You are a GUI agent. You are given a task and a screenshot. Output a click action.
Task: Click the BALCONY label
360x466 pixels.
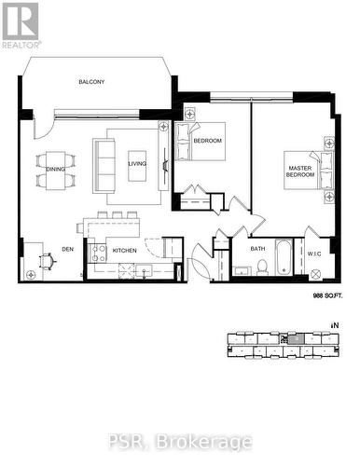tap(91, 82)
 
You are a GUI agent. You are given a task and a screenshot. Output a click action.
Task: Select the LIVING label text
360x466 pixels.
tap(137, 163)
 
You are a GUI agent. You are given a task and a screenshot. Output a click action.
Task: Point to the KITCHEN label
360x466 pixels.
tap(124, 250)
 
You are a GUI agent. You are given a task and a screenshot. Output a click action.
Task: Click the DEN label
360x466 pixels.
tap(68, 249)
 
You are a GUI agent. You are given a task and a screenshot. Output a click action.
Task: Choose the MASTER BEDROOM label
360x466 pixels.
tap(298, 171)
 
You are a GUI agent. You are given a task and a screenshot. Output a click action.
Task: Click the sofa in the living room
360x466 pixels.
tap(102, 163)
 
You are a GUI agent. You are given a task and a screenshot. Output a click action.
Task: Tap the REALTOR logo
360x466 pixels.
tap(21, 24)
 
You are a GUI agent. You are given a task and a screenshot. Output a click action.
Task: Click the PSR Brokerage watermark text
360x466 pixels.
tap(179, 441)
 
